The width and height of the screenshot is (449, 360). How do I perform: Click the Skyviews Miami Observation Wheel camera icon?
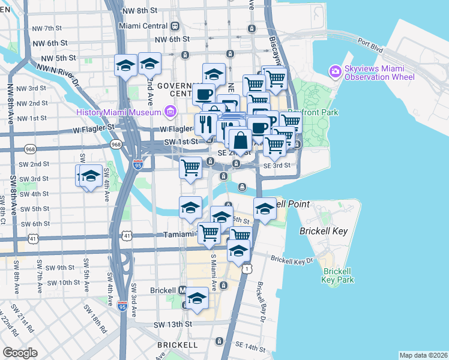(335, 71)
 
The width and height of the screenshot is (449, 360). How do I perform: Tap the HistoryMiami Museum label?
(119, 112)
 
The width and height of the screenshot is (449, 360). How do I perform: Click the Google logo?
(20, 352)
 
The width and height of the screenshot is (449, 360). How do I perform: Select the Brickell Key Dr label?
(292, 260)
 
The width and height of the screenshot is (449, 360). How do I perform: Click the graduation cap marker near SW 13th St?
(197, 298)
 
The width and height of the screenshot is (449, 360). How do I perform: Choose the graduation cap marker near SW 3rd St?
(91, 176)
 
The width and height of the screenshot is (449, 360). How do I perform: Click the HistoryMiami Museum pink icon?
(170, 112)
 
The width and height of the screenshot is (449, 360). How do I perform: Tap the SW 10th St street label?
(61, 282)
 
